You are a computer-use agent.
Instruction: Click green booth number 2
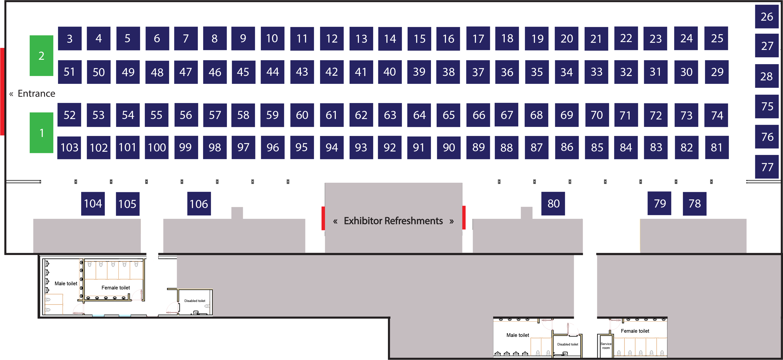(x=41, y=56)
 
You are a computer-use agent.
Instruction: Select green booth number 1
(x=41, y=133)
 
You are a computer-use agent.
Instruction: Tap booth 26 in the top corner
(x=767, y=16)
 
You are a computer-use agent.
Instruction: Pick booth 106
(x=199, y=203)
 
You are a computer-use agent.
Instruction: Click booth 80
(x=553, y=203)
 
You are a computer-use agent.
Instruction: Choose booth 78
(x=694, y=203)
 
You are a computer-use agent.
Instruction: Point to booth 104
(x=93, y=203)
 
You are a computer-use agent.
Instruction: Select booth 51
(x=70, y=72)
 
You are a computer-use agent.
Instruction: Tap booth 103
(x=69, y=148)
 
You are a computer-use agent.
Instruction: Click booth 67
(x=506, y=115)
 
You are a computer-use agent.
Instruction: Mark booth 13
(x=361, y=39)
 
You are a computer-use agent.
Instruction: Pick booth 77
(x=767, y=167)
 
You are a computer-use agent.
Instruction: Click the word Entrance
(x=36, y=93)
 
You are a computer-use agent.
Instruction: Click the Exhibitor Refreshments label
(x=393, y=221)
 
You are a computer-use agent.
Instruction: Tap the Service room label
(x=606, y=346)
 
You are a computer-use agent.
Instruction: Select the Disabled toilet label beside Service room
(x=567, y=344)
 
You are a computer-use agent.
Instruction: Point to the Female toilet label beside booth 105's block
(x=116, y=288)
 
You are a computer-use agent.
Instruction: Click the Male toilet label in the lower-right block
(x=518, y=335)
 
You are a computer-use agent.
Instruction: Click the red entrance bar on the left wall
(x=2, y=91)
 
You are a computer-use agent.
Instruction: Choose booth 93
(x=361, y=148)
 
